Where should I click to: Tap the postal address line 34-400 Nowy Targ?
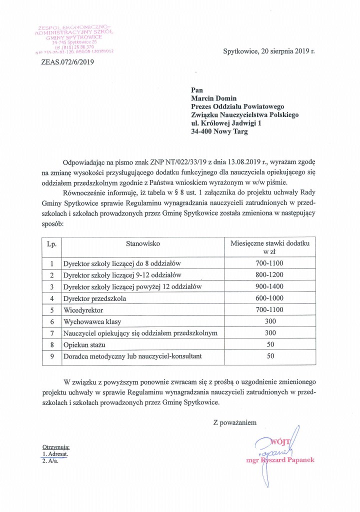219,132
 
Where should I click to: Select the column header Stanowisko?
142,244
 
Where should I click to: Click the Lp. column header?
51,244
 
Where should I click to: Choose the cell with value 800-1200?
269,274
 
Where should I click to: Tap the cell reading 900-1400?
269,286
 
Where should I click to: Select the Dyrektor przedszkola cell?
94,298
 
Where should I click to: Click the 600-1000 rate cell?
269,298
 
